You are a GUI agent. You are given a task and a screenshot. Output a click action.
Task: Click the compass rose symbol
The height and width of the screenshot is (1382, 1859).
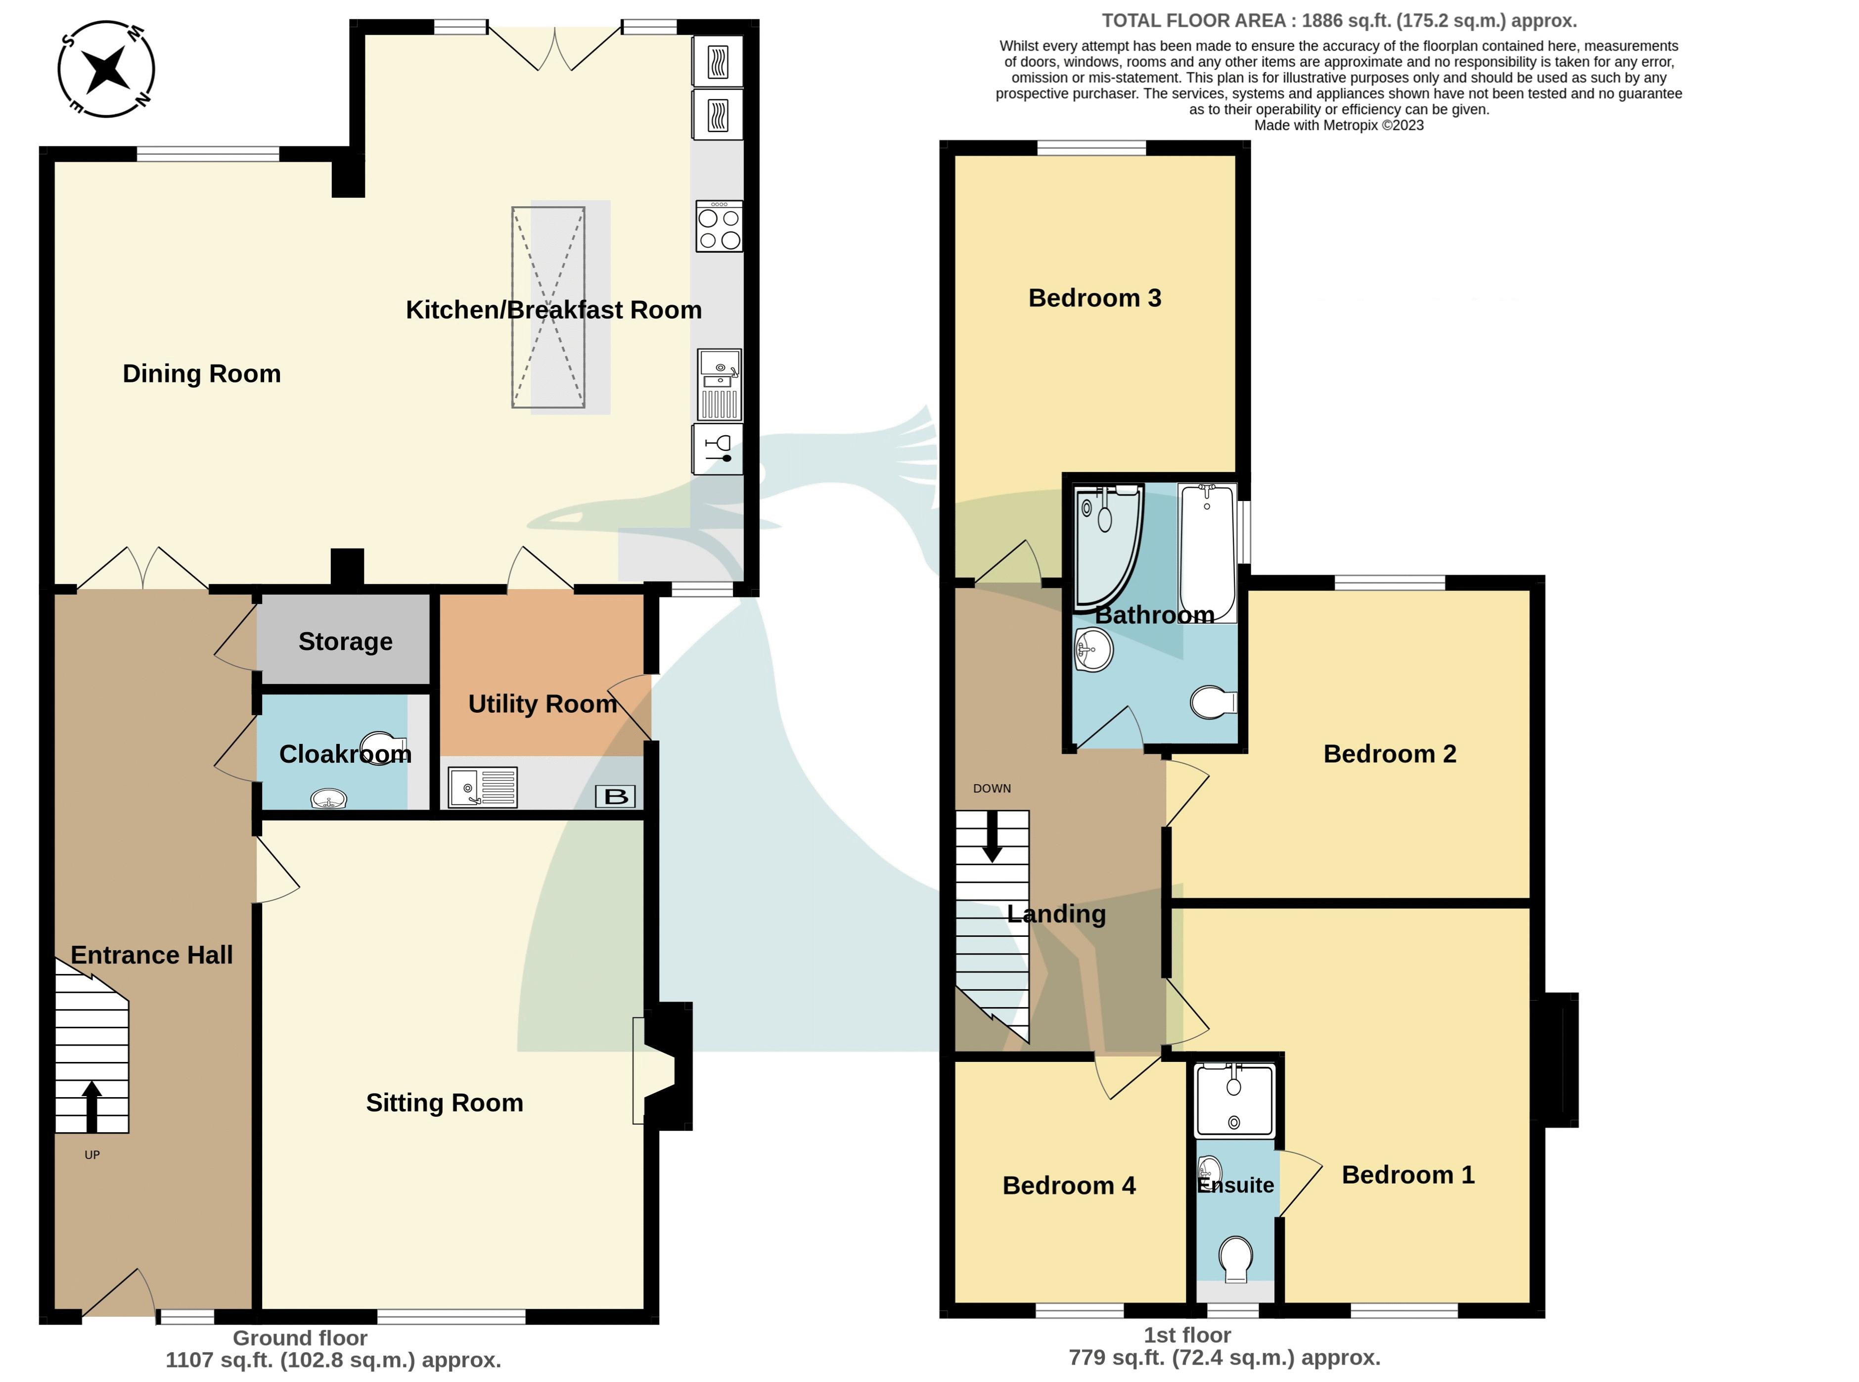[x=106, y=69]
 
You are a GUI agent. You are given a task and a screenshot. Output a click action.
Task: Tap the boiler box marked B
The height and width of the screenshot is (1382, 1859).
[x=616, y=796]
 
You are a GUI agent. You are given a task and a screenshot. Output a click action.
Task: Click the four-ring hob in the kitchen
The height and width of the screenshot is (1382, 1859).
[x=719, y=228]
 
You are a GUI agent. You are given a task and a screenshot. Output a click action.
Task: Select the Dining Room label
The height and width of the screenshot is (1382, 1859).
[x=202, y=374]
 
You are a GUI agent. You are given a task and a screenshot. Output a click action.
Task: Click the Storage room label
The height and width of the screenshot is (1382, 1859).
[x=345, y=642]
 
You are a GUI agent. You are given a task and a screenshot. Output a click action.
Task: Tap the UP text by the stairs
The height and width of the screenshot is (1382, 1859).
[x=92, y=1155]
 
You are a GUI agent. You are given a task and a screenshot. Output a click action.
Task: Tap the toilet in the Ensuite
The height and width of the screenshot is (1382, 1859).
[x=1235, y=1259]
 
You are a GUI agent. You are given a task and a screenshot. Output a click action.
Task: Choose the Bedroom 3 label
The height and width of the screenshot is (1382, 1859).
[x=1094, y=299]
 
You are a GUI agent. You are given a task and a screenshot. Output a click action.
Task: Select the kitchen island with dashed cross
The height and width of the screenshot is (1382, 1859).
[x=548, y=308]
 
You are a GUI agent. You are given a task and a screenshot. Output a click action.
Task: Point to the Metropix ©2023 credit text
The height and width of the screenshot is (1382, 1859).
[x=1338, y=126]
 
